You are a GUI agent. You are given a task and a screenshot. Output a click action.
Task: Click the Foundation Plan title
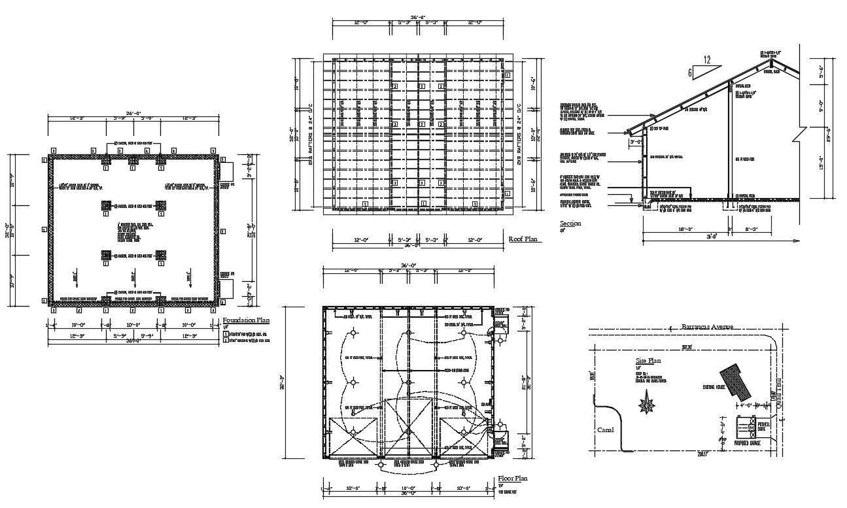(x=246, y=320)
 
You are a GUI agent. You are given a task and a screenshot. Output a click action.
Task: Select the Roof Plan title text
(x=523, y=239)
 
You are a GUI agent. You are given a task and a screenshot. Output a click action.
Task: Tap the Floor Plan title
(x=513, y=479)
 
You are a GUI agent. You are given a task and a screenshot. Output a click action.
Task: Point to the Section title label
(x=570, y=224)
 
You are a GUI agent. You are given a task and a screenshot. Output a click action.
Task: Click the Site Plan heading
(x=649, y=360)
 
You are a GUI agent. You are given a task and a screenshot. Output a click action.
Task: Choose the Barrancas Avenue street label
(x=707, y=326)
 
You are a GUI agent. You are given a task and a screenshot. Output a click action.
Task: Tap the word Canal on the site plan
(x=605, y=430)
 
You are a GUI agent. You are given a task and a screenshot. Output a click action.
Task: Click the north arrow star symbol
(x=648, y=404)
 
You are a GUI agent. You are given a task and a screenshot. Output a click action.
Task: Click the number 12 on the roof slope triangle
(x=706, y=60)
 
